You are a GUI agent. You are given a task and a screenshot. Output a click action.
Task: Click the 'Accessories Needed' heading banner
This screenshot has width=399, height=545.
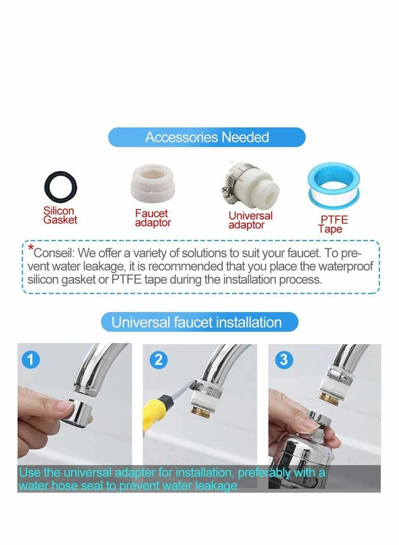coord(207,137)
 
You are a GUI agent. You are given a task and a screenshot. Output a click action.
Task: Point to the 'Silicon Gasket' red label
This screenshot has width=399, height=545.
coord(60,215)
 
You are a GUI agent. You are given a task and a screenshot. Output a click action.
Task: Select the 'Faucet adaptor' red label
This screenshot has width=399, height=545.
coord(153,218)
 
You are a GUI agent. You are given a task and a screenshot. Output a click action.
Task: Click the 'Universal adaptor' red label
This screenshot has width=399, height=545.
coord(250,220)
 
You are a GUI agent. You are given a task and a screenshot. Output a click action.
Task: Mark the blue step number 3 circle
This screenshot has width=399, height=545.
coord(284,360)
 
